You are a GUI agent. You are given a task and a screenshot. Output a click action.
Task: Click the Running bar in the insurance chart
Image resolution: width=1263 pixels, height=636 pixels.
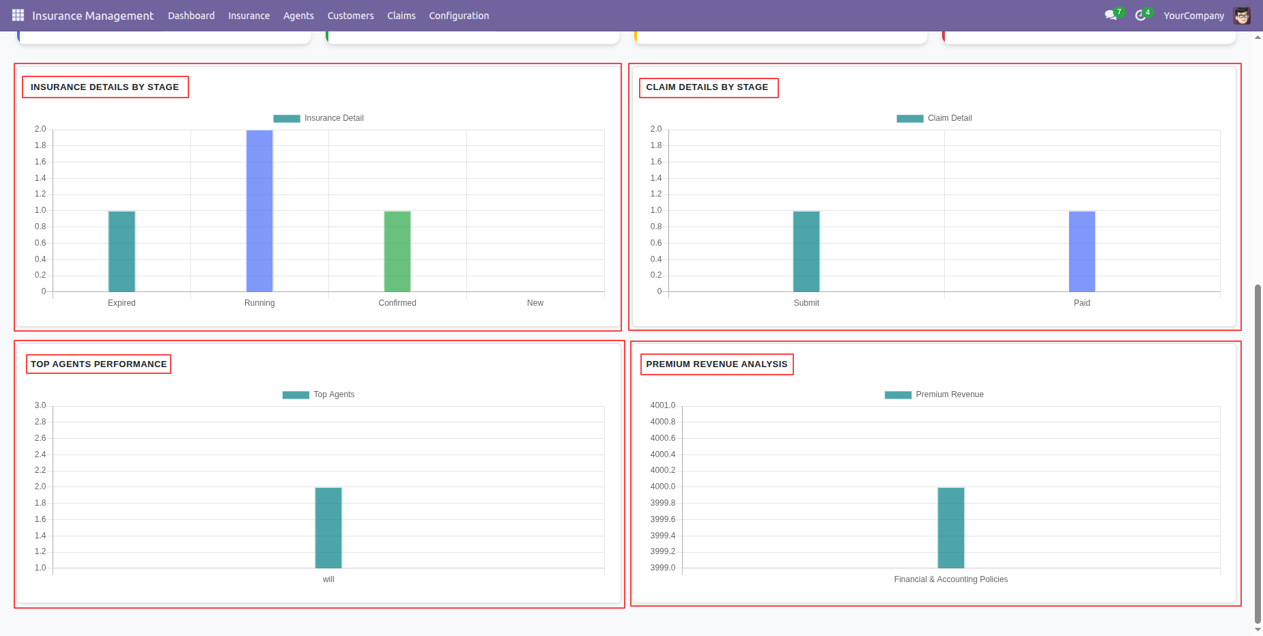coord(259,211)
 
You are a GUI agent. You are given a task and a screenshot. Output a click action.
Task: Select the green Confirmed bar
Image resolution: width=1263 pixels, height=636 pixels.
coord(397,252)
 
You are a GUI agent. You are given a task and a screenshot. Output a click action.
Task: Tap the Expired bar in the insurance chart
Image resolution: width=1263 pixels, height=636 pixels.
coord(122,252)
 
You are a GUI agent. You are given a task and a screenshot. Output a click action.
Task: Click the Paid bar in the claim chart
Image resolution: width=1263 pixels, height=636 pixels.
coord(1082,252)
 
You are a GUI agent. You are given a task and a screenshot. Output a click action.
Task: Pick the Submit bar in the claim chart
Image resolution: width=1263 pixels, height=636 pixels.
coord(806,252)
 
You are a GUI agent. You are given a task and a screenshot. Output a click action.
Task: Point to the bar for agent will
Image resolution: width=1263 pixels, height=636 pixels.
coord(328,528)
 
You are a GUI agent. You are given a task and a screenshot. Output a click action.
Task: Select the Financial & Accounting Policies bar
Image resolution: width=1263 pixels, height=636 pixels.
coord(951,528)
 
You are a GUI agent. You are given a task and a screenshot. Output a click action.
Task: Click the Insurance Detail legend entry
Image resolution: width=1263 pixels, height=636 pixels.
coord(319,118)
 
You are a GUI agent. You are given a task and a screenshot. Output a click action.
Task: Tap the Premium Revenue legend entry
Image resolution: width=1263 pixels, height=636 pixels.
coord(934,394)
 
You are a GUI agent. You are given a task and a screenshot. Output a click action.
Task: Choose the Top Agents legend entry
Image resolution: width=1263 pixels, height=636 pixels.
coord(319,394)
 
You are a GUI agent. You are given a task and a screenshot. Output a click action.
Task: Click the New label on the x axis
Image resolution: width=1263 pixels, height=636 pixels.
coord(535,303)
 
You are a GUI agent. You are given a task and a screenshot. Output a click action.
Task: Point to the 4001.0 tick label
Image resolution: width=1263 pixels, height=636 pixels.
coord(663,405)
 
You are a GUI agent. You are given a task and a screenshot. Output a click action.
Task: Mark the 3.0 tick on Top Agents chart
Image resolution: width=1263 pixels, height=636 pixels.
coord(40,405)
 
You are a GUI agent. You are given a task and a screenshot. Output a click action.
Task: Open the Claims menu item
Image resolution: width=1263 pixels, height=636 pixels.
coord(401,16)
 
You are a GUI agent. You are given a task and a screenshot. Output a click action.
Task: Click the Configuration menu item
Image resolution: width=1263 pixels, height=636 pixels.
coord(459,16)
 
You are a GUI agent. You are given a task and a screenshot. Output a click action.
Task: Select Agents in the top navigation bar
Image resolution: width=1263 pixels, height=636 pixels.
coord(298,16)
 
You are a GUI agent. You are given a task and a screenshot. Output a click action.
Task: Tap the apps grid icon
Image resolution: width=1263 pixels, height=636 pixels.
coord(18,15)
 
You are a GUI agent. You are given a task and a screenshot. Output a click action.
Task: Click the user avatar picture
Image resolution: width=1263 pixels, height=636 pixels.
coord(1242,16)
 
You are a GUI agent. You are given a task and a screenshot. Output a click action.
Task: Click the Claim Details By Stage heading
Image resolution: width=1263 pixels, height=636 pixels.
coord(707,87)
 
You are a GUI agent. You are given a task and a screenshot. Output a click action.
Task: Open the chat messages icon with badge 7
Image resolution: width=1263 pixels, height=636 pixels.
coord(1111,15)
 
